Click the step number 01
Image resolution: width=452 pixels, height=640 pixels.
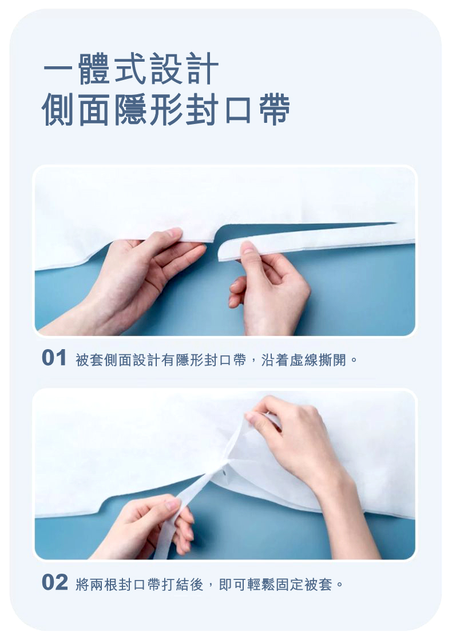click(x=55, y=358)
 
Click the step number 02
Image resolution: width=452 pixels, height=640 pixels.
click(x=55, y=583)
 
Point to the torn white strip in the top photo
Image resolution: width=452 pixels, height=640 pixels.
click(x=315, y=240)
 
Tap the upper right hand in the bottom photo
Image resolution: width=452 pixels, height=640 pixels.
click(x=298, y=440)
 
